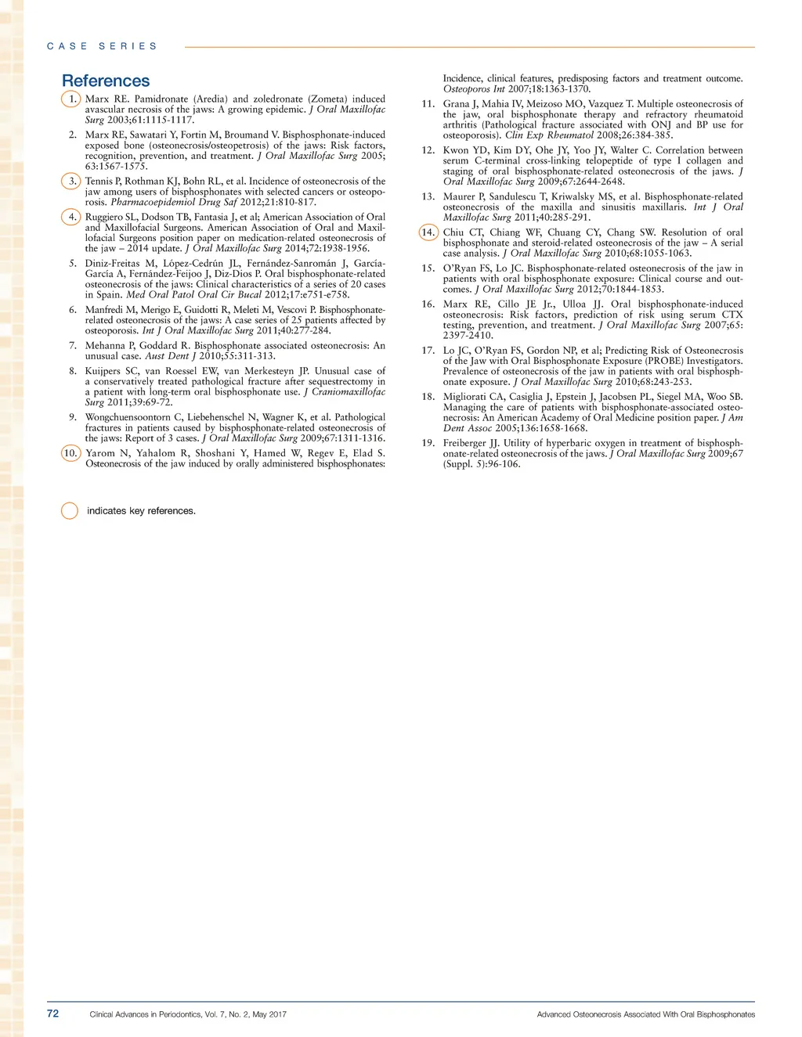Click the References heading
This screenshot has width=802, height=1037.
pyautogui.click(x=106, y=81)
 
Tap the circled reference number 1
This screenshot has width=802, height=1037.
pyautogui.click(x=71, y=99)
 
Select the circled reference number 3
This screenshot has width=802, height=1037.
pyautogui.click(x=71, y=182)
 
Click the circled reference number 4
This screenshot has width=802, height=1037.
pyautogui.click(x=71, y=217)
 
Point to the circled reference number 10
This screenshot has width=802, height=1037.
pyautogui.click(x=70, y=453)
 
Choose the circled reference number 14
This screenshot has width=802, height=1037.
pyautogui.click(x=428, y=232)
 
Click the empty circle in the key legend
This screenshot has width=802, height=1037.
pyautogui.click(x=70, y=511)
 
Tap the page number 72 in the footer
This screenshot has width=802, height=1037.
pyautogui.click(x=52, y=1014)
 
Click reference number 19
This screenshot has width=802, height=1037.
pyautogui.click(x=428, y=443)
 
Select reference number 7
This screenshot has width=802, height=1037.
pyautogui.click(x=73, y=345)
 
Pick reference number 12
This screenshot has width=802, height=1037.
pyautogui.click(x=428, y=150)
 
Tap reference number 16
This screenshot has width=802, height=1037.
pyautogui.click(x=428, y=304)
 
